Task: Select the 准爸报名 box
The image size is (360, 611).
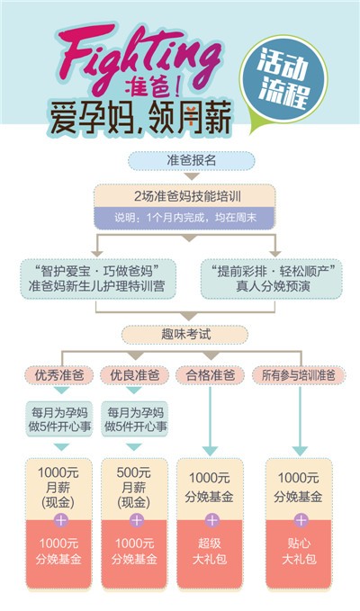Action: (192, 160)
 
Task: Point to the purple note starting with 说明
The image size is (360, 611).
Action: (184, 218)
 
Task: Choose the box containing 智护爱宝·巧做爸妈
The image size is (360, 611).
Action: (98, 279)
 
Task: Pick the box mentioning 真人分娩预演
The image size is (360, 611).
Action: (272, 279)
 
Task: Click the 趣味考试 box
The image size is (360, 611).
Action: (185, 335)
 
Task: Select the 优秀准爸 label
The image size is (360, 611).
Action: (59, 375)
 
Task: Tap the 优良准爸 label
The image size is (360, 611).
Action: (134, 375)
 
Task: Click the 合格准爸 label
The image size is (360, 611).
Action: (210, 375)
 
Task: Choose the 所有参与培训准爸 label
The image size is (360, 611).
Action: (299, 375)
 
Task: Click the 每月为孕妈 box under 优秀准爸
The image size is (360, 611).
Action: (59, 419)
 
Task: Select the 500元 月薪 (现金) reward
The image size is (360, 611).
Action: (134, 488)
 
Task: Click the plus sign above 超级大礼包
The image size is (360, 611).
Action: (211, 520)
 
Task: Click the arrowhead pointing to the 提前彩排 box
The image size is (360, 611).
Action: (275, 254)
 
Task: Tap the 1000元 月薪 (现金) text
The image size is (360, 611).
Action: (58, 488)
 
